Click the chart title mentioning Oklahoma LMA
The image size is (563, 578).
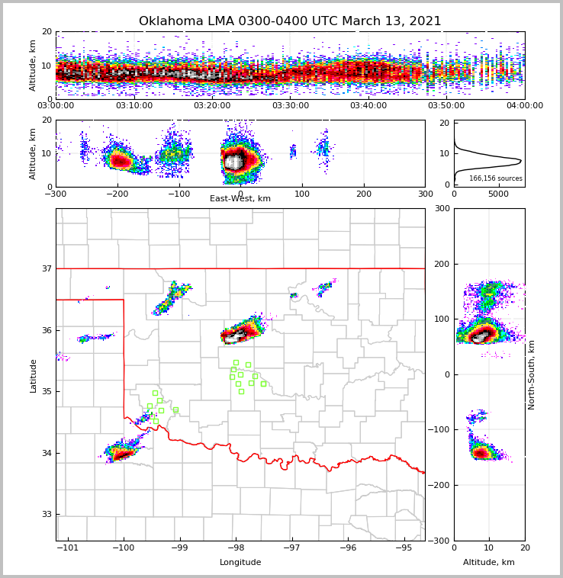pyautogui.click(x=290, y=21)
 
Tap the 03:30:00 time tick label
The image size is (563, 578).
pyautogui.click(x=291, y=106)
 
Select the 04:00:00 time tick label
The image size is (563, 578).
pyautogui.click(x=524, y=106)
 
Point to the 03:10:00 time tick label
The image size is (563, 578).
pyautogui.click(x=134, y=106)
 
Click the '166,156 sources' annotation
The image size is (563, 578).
pyautogui.click(x=496, y=178)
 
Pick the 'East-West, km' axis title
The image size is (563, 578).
pyautogui.click(x=240, y=199)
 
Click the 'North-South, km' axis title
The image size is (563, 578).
pyautogui.click(x=532, y=374)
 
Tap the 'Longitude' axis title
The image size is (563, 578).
pyautogui.click(x=240, y=563)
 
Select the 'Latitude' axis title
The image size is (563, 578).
pyautogui.click(x=34, y=375)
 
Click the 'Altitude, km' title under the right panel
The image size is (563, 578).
pyautogui.click(x=489, y=563)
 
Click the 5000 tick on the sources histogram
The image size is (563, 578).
pyautogui.click(x=498, y=194)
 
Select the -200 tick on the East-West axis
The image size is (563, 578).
pyautogui.click(x=117, y=194)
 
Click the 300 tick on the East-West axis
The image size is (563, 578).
pyautogui.click(x=425, y=194)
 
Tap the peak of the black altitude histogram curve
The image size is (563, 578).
pyautogui.click(x=520, y=161)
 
